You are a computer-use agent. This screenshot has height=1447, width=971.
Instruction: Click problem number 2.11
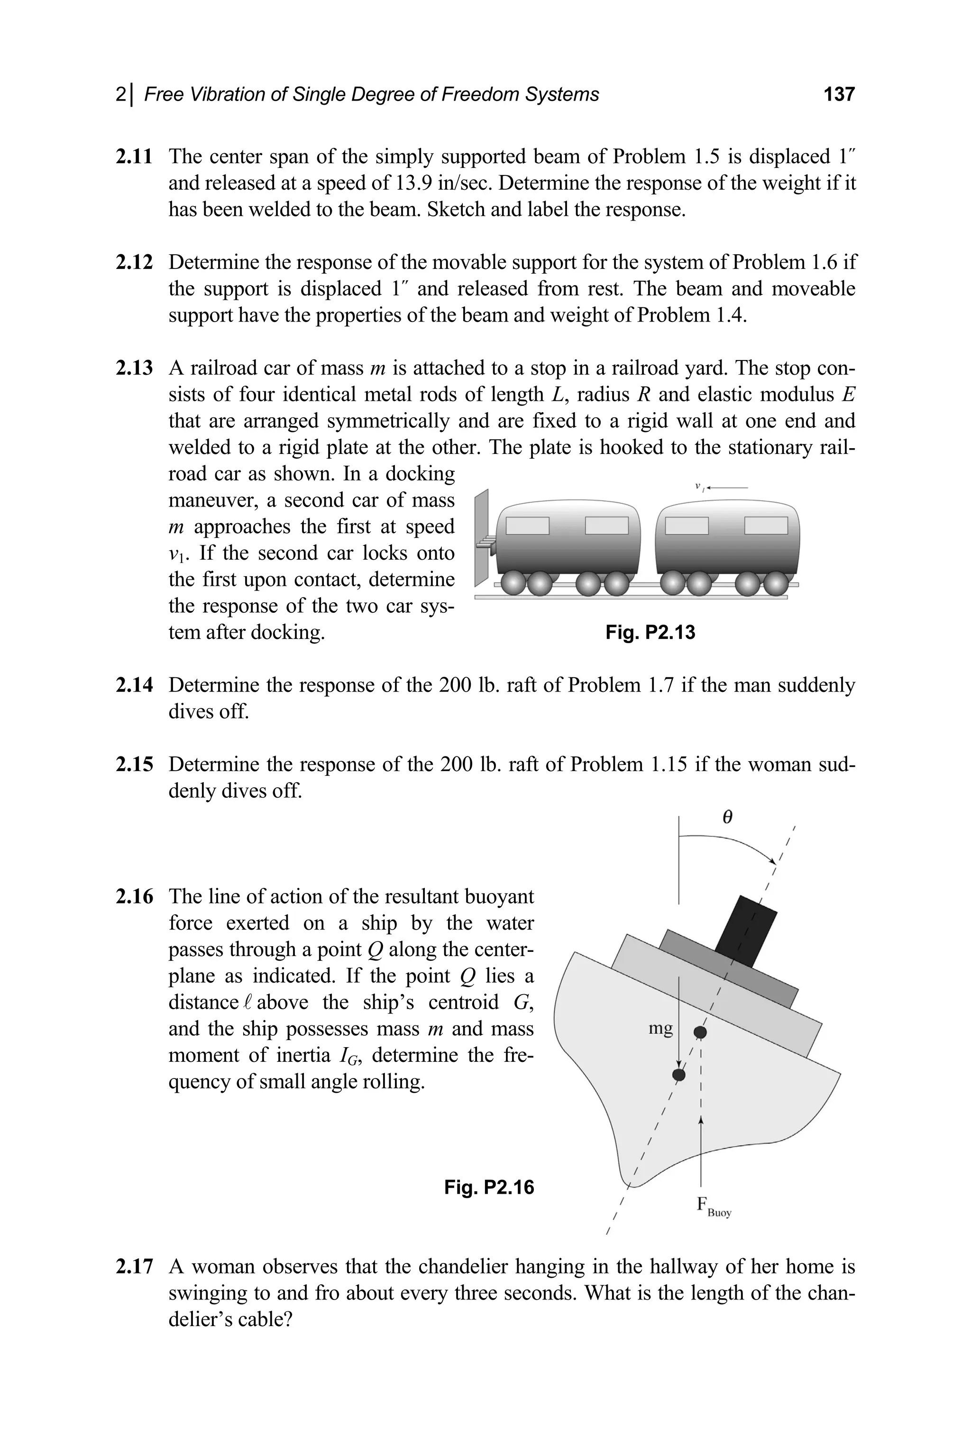[134, 156]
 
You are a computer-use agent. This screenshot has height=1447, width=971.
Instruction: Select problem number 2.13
[134, 368]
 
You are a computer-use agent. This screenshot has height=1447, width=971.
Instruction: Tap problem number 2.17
[134, 1266]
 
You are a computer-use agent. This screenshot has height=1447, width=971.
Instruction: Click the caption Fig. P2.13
[650, 633]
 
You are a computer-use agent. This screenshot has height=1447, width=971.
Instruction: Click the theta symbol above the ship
[728, 818]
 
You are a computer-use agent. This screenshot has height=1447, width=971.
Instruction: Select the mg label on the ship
[660, 1029]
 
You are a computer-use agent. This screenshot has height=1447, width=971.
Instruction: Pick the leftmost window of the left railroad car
[528, 525]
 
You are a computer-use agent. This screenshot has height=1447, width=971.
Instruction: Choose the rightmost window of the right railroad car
[766, 525]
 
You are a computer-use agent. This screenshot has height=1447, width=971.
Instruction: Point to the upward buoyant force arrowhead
[701, 1119]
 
